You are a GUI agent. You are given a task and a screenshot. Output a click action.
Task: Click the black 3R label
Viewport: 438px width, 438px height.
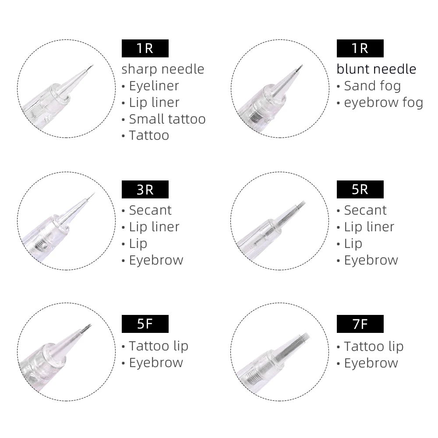pyautogui.click(x=145, y=189)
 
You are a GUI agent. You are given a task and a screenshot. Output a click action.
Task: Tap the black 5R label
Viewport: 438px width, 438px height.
pyautogui.click(x=360, y=189)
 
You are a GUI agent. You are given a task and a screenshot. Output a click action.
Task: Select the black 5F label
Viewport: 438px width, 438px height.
pyautogui.click(x=145, y=325)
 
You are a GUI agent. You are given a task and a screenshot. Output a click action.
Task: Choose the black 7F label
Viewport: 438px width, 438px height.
pyautogui.click(x=360, y=325)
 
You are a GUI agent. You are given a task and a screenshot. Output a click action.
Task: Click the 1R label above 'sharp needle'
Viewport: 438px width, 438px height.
pyautogui.click(x=145, y=48)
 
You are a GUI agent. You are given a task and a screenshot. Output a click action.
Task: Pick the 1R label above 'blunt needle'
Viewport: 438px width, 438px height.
pyautogui.click(x=360, y=48)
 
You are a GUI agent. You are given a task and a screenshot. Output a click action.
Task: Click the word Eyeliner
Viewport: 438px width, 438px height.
pyautogui.click(x=154, y=86)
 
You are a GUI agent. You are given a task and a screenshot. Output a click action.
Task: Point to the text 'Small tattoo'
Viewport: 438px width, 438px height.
pyautogui.click(x=167, y=119)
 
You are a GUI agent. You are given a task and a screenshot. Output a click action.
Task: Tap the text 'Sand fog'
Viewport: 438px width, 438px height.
pyautogui.click(x=372, y=86)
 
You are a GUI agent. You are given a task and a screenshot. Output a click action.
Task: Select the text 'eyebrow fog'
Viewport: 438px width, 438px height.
pyautogui.click(x=383, y=102)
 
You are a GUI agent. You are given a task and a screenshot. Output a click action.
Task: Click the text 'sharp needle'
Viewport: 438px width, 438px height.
pyautogui.click(x=163, y=69)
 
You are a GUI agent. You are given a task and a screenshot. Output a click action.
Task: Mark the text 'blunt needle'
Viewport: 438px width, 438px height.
pyautogui.click(x=376, y=69)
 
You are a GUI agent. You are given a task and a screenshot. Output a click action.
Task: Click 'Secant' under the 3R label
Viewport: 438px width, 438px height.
pyautogui.click(x=150, y=210)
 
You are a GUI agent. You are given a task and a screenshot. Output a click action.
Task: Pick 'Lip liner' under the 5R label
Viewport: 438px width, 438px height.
pyautogui.click(x=369, y=227)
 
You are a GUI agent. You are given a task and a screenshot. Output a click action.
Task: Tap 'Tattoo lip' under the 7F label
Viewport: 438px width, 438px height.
pyautogui.click(x=373, y=346)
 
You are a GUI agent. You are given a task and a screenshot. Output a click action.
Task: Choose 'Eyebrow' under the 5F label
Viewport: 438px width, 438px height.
pyautogui.click(x=155, y=363)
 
